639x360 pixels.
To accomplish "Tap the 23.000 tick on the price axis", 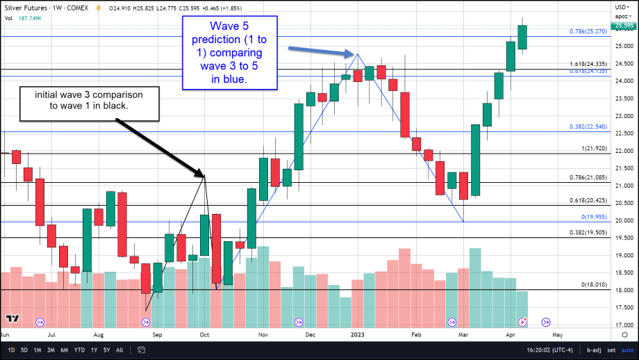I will [624, 116].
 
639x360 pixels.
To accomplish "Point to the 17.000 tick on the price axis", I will [624, 325].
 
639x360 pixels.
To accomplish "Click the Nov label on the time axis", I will [264, 334].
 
